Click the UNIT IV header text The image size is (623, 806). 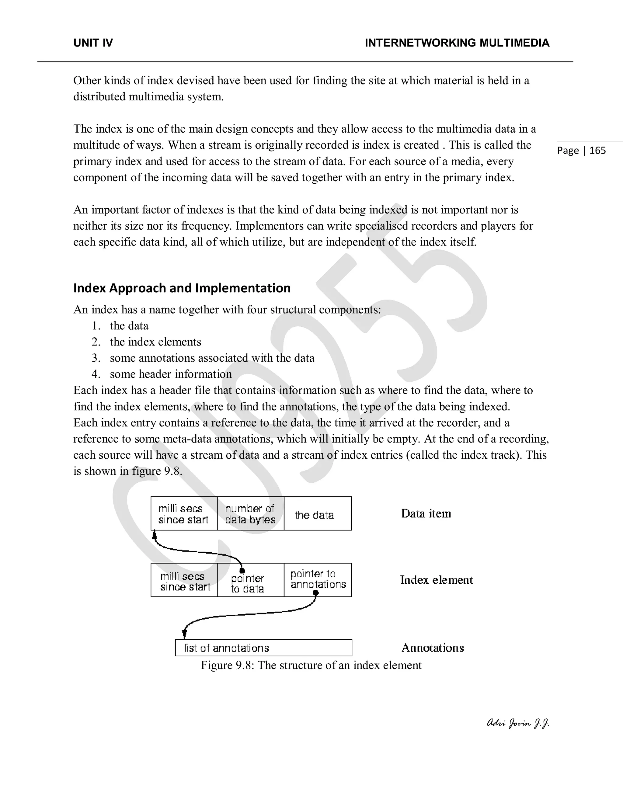(x=93, y=43)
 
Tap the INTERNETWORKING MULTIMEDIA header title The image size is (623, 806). (x=457, y=43)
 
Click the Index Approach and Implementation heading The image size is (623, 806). (x=182, y=288)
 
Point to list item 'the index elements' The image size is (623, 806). (x=155, y=342)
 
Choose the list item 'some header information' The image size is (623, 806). (x=171, y=374)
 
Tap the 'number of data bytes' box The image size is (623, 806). (x=250, y=514)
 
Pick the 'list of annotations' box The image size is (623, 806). (x=263, y=648)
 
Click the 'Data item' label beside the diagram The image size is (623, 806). (x=426, y=514)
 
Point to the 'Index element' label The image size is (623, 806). (x=436, y=580)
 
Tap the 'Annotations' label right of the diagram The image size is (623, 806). (x=432, y=648)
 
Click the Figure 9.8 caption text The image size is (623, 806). (x=311, y=665)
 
